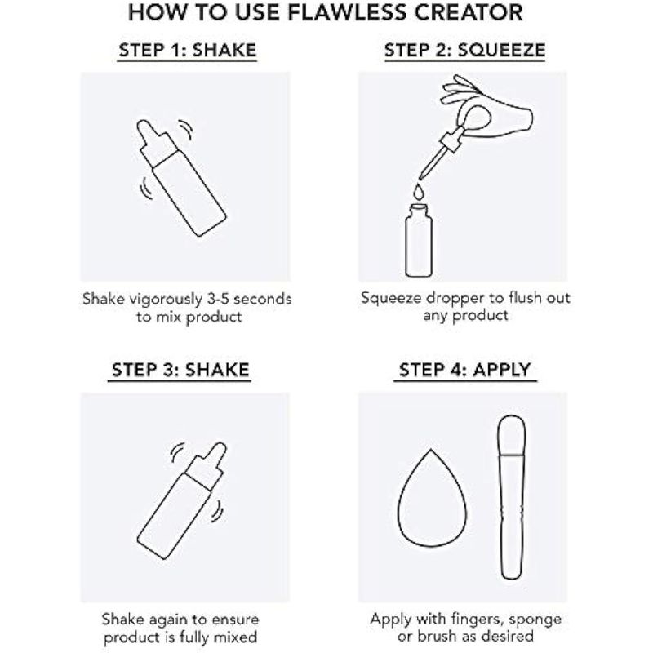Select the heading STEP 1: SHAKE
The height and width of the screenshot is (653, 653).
pos(188,51)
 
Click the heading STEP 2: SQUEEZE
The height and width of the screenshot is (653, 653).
pos(464,51)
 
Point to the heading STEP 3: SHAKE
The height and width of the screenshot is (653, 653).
pos(180,370)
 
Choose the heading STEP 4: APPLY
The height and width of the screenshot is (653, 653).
pos(464,370)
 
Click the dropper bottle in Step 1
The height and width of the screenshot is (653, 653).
pos(181,178)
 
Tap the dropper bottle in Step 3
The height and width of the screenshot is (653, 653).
pos(182,500)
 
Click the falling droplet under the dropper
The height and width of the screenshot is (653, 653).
pos(419,191)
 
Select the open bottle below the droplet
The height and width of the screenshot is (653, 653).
pos(419,240)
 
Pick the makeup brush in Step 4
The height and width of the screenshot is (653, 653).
pos(512,497)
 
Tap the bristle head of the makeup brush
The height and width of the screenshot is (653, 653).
pos(512,436)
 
